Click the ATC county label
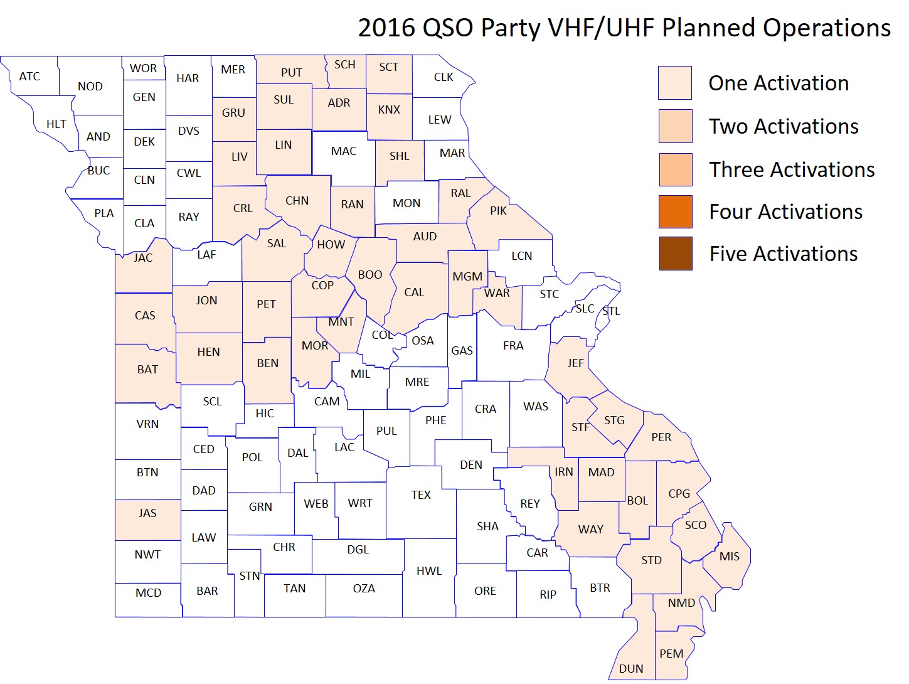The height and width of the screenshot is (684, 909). pyautogui.click(x=29, y=77)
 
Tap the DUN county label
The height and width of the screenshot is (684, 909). pyautogui.click(x=630, y=668)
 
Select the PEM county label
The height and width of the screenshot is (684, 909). pyautogui.click(x=671, y=653)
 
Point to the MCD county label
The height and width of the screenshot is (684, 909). pyautogui.click(x=148, y=592)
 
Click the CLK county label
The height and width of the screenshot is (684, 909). pyautogui.click(x=444, y=77)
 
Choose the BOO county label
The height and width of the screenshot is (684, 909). pyautogui.click(x=370, y=274)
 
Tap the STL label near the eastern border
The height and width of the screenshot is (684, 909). pyautogui.click(x=611, y=311)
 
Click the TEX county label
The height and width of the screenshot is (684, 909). pyautogui.click(x=421, y=494)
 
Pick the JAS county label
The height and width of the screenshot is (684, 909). pyautogui.click(x=147, y=513)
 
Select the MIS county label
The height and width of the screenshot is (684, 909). pyautogui.click(x=729, y=556)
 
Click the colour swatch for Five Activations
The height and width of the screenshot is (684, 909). pyautogui.click(x=675, y=254)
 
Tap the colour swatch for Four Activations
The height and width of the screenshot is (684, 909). pyautogui.click(x=675, y=211)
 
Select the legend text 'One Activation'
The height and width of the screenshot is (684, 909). pyautogui.click(x=778, y=83)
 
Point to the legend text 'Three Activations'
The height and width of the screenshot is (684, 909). pyautogui.click(x=791, y=169)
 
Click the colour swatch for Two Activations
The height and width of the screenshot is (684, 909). pyautogui.click(x=675, y=126)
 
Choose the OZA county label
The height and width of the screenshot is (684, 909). pyautogui.click(x=364, y=588)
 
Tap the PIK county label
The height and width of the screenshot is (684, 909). pyautogui.click(x=498, y=210)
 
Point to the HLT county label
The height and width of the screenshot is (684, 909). pyautogui.click(x=56, y=124)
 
